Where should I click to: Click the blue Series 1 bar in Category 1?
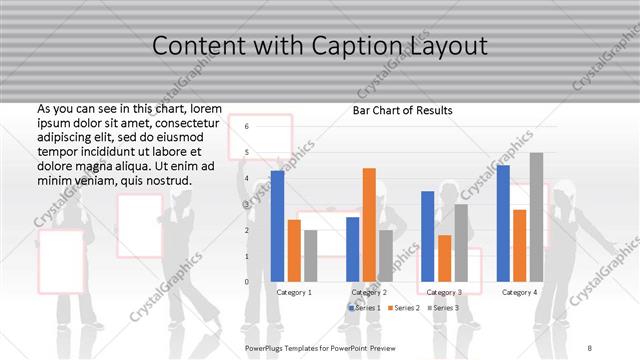click(x=277, y=226)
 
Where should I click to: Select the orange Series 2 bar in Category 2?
click(x=369, y=225)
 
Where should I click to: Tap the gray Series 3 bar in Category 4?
click(x=536, y=217)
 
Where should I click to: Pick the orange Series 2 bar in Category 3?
click(x=444, y=259)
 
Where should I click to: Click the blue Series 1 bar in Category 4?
click(x=503, y=223)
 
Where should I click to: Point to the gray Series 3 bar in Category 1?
click(x=311, y=256)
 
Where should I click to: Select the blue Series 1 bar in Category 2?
click(x=352, y=249)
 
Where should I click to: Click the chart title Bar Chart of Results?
click(x=403, y=110)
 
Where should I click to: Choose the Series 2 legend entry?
click(x=403, y=308)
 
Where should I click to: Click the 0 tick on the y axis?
click(x=246, y=282)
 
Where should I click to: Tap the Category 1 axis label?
click(x=294, y=292)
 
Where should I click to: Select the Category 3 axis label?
click(x=444, y=292)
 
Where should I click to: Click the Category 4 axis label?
click(x=519, y=292)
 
